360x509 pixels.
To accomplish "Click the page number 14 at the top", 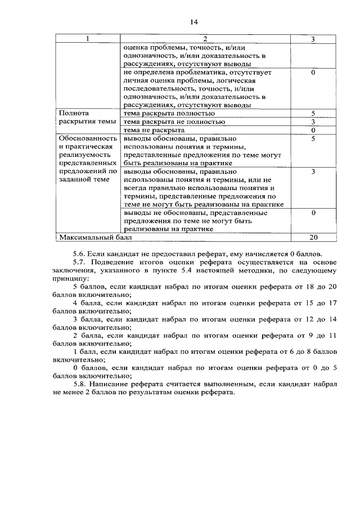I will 194,22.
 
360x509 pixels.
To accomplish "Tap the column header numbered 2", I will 205,39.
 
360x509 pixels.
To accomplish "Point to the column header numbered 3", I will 313,39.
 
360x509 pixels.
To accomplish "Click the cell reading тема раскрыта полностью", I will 169,113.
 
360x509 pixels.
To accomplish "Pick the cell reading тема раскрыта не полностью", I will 177,121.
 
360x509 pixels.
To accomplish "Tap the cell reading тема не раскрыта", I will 154,130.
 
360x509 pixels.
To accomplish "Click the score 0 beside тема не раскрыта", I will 313,130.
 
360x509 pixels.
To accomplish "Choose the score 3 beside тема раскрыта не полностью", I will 313,121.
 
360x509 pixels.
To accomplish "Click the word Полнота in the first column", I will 74,113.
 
